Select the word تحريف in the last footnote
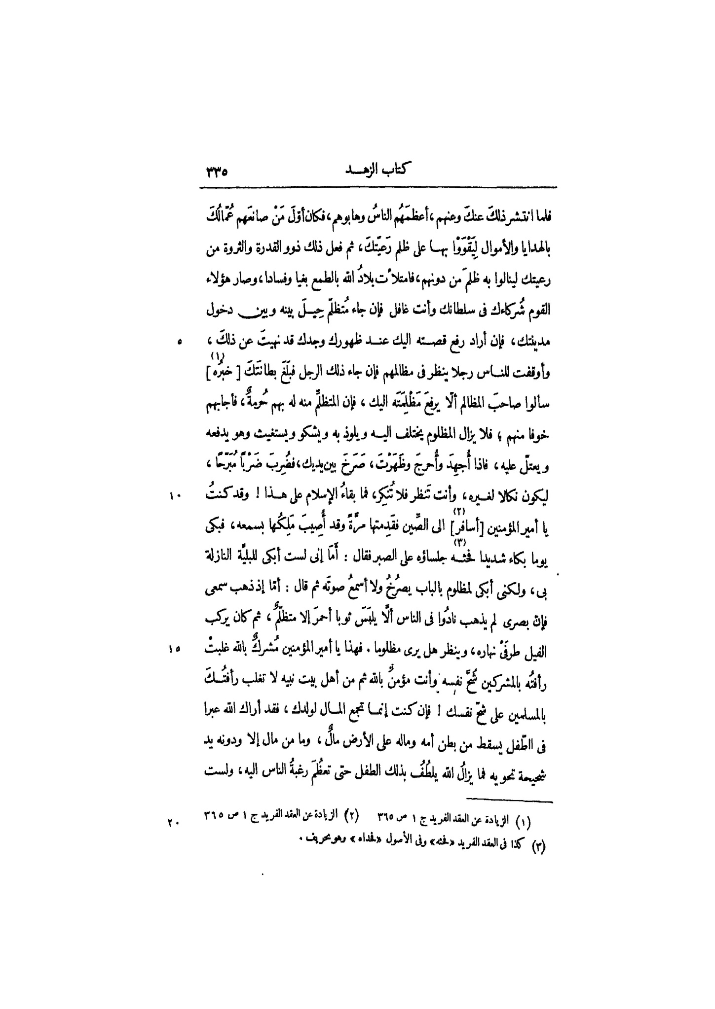coord(321,840)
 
